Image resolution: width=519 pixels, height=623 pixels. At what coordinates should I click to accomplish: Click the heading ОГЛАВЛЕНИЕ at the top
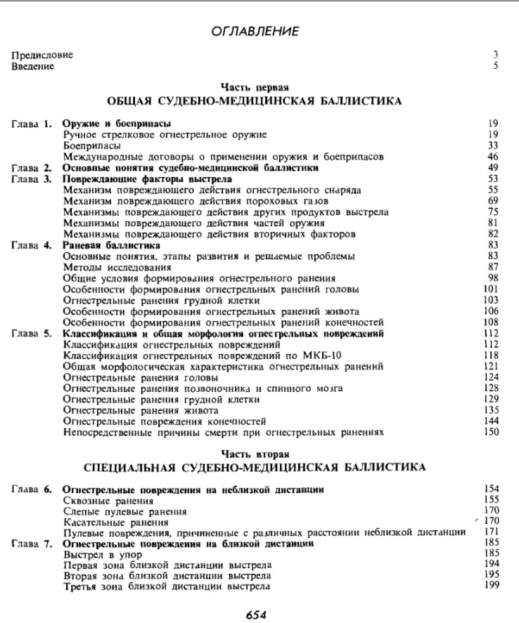(x=255, y=31)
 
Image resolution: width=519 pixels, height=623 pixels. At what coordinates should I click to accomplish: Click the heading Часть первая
(x=255, y=88)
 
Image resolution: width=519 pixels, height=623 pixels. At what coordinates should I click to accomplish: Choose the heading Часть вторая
(x=255, y=454)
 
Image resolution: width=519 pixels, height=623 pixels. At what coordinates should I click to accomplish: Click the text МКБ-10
(x=326, y=355)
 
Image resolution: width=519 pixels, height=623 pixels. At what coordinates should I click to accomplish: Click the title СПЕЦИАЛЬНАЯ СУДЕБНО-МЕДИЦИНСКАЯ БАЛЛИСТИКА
(x=254, y=467)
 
